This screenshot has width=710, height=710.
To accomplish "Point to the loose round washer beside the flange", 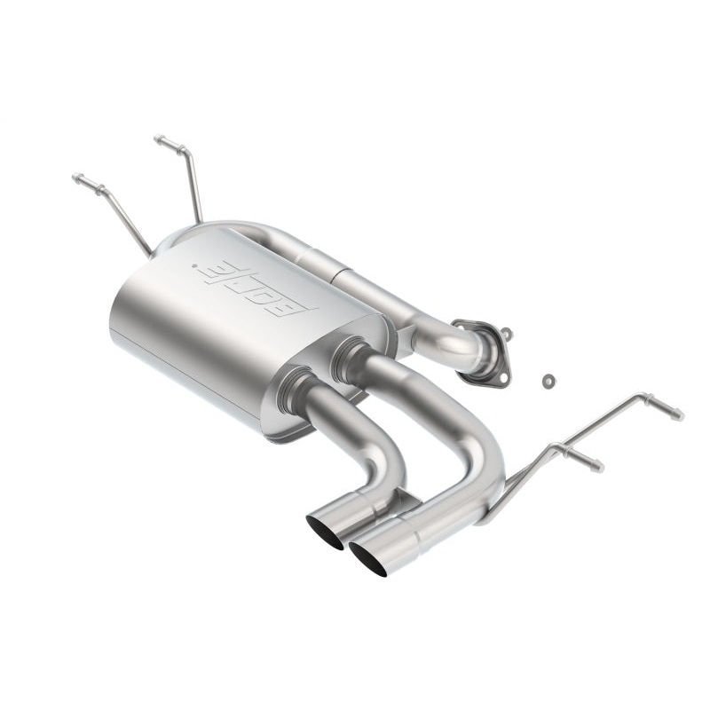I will [548, 381].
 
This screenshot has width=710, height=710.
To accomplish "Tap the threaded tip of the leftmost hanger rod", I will [77, 178].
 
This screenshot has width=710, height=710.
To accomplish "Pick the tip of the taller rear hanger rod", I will [160, 139].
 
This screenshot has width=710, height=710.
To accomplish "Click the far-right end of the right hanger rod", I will [678, 414].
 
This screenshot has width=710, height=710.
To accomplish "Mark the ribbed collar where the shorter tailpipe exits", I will [296, 392].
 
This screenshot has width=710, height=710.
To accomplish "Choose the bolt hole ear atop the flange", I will [506, 335].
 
